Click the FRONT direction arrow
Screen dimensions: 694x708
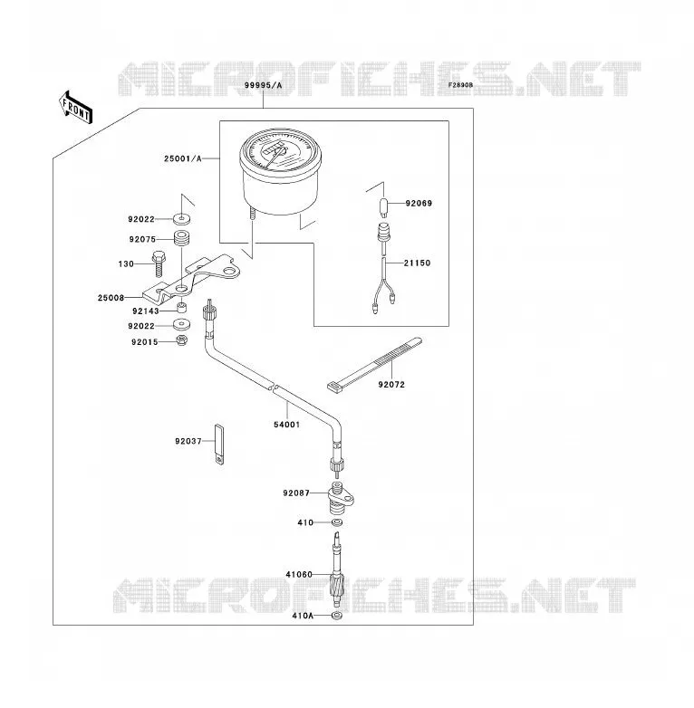point(76,108)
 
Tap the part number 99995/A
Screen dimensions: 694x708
point(263,85)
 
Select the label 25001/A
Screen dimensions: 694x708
point(182,158)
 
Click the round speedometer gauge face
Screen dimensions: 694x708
point(280,151)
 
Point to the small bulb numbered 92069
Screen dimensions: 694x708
point(384,206)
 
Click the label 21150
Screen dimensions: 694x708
point(417,263)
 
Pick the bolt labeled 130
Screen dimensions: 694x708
point(159,263)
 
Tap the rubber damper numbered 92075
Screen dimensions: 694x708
point(182,238)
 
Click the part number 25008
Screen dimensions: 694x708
point(111,298)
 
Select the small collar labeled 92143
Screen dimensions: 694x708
point(181,308)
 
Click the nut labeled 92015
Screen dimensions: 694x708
point(181,340)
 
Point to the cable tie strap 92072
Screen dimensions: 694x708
point(374,363)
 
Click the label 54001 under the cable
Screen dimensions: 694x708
point(287,425)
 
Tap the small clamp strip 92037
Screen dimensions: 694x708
point(219,445)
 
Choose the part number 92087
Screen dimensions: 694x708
point(296,493)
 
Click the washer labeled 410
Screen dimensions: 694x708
point(337,523)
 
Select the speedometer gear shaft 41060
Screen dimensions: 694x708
point(337,569)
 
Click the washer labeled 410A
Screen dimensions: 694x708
point(336,616)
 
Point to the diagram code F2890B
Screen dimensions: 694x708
point(460,85)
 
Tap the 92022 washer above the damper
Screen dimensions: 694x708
point(181,219)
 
